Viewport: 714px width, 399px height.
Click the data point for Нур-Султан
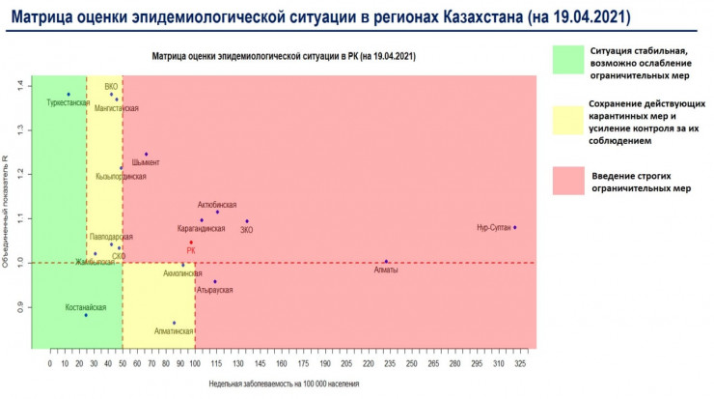tap(515, 227)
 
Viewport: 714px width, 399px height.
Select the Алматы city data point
tap(386, 261)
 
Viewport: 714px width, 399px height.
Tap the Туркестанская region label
tap(68, 101)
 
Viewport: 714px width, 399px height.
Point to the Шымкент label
tap(146, 162)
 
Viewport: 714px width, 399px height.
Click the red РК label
tap(191, 250)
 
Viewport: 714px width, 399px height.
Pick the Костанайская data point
tap(86, 315)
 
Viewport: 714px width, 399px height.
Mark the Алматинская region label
tap(174, 330)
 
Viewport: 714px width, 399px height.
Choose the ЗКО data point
tap(247, 221)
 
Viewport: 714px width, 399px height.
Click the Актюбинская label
tap(216, 205)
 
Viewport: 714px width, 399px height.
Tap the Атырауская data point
tap(214, 281)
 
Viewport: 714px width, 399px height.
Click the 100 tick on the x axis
tap(195, 363)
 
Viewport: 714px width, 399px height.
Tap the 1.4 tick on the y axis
tap(19, 84)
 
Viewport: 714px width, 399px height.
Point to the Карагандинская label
tap(202, 229)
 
